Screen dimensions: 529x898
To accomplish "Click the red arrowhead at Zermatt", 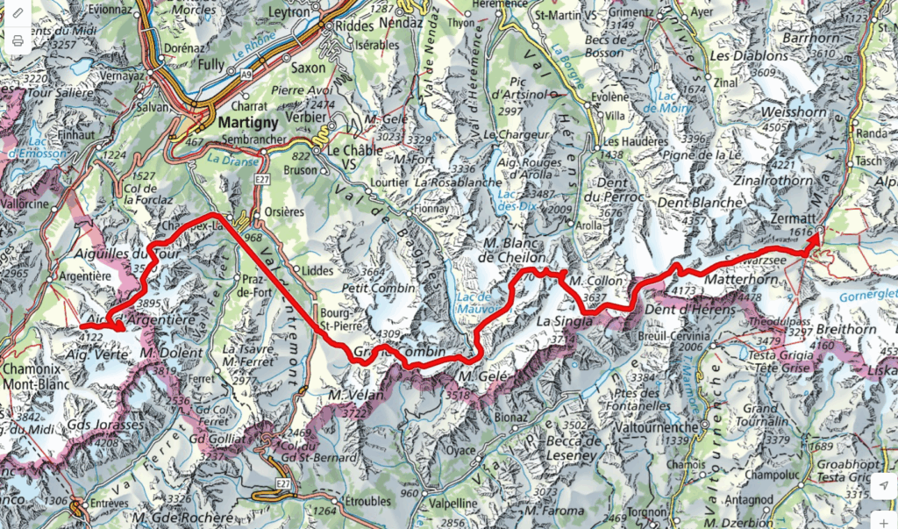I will pos(816,233).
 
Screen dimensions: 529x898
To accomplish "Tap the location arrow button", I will pos(883,485).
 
